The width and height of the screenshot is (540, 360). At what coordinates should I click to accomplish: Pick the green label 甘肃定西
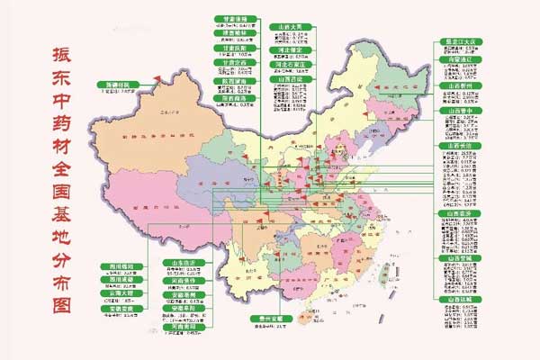click(x=236, y=64)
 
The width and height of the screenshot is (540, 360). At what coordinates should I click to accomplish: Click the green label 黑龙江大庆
click(x=460, y=41)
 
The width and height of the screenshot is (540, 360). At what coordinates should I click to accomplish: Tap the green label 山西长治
click(x=460, y=144)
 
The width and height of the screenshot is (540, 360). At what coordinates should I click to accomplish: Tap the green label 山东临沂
click(x=183, y=263)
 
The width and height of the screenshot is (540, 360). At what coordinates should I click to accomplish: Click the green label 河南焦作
click(x=183, y=280)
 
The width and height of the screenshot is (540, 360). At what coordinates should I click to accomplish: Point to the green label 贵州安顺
click(x=268, y=319)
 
